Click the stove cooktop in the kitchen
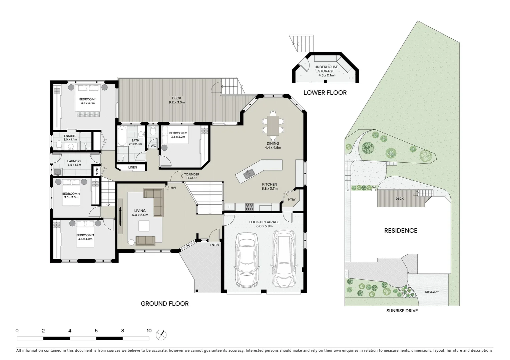(249, 207)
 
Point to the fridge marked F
(229, 207)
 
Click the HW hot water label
(173, 188)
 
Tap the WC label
(153, 146)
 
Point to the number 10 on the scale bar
(149, 331)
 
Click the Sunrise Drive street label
(402, 311)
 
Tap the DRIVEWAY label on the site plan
(432, 292)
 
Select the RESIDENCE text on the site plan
(401, 230)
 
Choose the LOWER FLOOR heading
(325, 93)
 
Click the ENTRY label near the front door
(215, 245)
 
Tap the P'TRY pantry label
(292, 200)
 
